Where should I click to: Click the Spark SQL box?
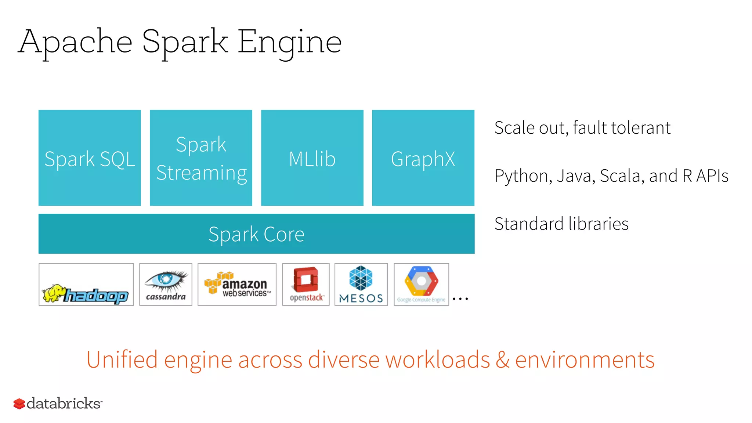tap(90, 158)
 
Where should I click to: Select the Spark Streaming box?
tap(201, 158)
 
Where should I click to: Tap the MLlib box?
tap(312, 158)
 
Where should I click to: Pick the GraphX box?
tap(423, 158)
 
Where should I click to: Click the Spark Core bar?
tap(256, 234)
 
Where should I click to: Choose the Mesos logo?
tap(361, 284)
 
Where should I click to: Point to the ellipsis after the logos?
tap(460, 299)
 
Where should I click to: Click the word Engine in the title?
tap(290, 42)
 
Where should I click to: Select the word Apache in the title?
tap(76, 42)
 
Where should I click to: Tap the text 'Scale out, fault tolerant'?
tap(582, 128)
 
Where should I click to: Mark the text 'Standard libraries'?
tap(561, 224)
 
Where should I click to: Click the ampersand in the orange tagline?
tap(502, 359)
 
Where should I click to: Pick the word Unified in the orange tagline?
tap(122, 359)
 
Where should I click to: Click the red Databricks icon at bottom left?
tap(19, 404)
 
